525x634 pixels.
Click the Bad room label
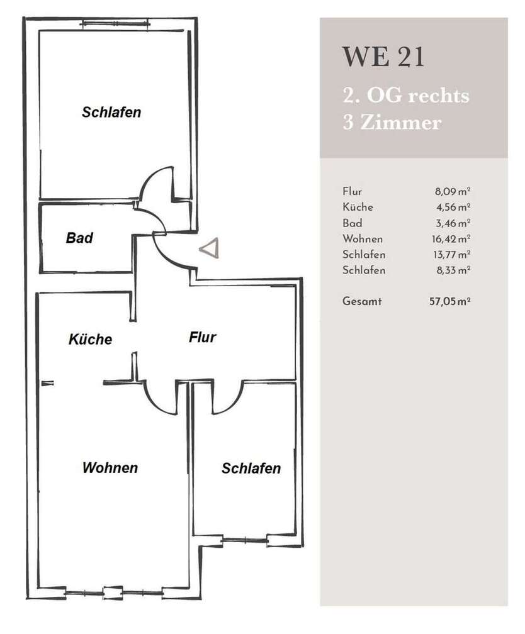pos(79,238)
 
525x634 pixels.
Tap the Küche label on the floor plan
pos(90,339)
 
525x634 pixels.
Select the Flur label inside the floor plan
pos(202,337)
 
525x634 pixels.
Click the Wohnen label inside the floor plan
pos(110,468)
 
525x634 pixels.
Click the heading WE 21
pos(383,57)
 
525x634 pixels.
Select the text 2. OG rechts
pos(406,96)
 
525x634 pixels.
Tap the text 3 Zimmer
pos(392,122)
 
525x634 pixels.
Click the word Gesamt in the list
pos(362,301)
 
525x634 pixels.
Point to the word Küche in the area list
pos(358,207)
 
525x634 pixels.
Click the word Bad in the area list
pos(353,223)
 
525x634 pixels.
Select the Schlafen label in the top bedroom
pos(111,113)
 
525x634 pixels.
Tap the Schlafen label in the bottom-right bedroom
pos(251,469)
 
